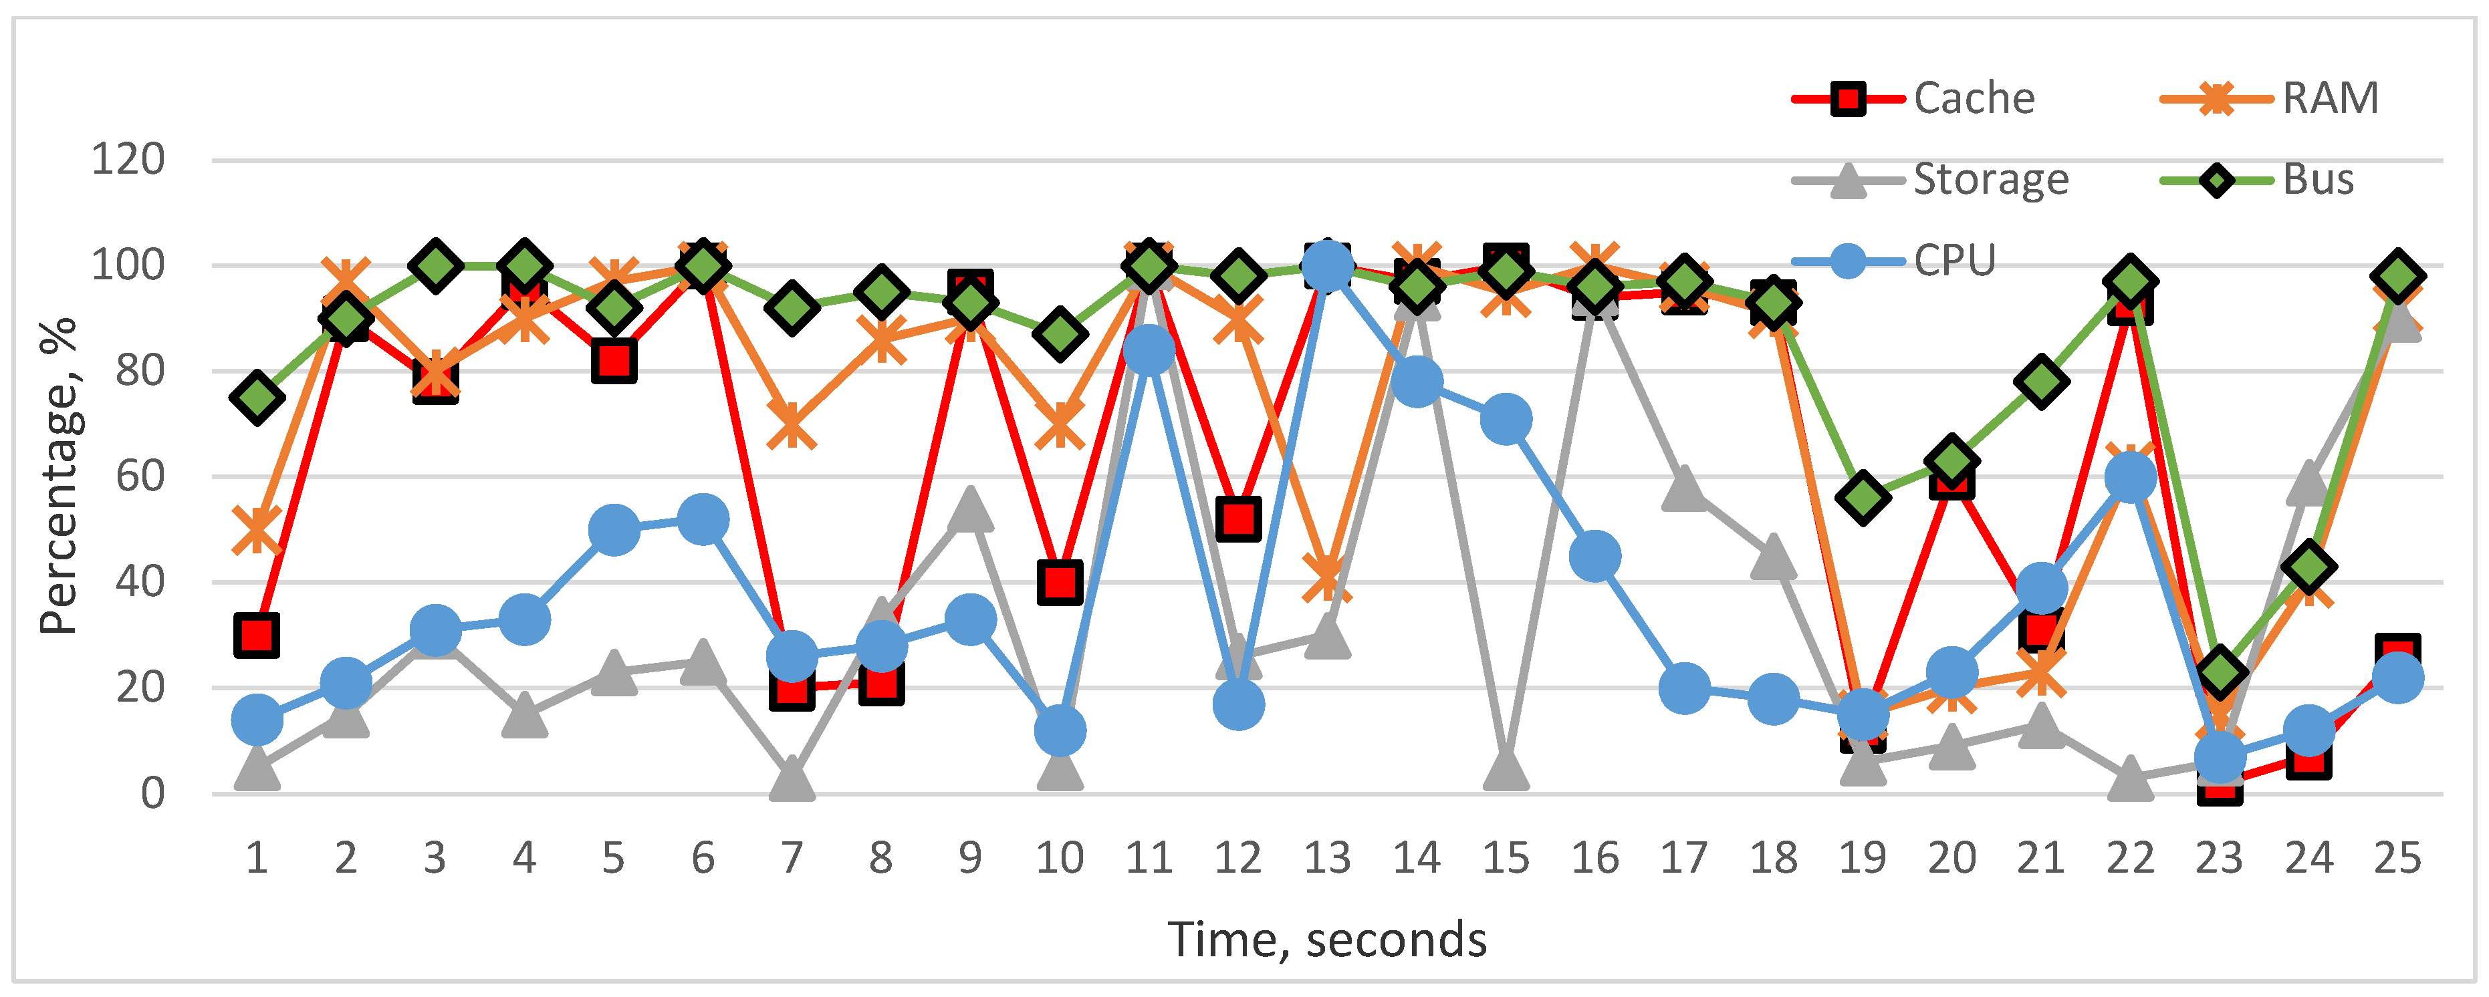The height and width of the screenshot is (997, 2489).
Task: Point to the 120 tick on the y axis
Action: [128, 160]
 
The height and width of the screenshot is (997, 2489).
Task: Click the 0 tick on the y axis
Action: [152, 793]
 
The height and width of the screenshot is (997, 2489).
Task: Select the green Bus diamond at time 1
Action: [257, 397]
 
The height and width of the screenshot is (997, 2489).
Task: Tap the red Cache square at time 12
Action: [1237, 519]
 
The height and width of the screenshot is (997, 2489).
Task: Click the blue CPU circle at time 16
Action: [1594, 555]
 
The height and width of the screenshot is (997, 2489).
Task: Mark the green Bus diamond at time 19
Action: [1863, 498]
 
